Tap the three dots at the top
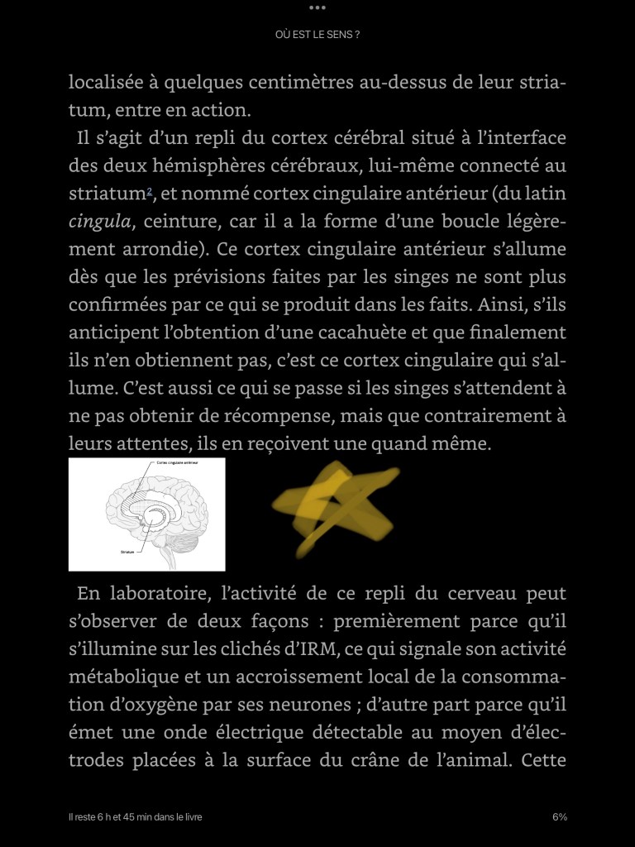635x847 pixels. (317, 7)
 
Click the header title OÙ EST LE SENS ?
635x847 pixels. (317, 35)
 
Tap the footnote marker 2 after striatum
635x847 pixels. (149, 192)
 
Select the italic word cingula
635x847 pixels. (99, 222)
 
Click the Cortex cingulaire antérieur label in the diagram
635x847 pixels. (179, 463)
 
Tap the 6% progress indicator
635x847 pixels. (560, 817)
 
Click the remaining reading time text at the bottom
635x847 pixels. (136, 817)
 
